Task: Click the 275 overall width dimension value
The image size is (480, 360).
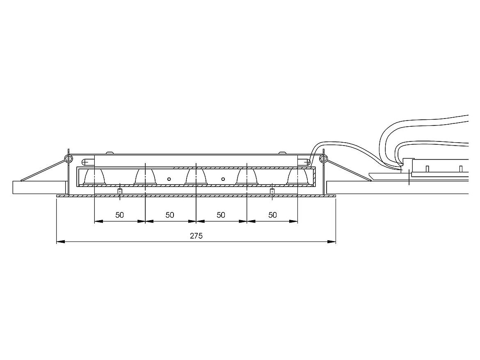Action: coord(196,236)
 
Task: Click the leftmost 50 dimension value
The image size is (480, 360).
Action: coord(120,215)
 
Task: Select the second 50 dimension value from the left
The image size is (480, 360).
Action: coord(170,215)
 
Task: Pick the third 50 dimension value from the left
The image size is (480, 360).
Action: coord(221,215)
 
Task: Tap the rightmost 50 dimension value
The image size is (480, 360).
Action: coord(272,215)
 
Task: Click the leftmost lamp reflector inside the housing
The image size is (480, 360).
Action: coord(94,177)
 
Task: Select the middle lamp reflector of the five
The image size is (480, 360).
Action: coord(196,177)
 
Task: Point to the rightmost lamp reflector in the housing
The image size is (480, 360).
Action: coord(297,177)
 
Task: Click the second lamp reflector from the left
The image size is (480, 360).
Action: coord(145,177)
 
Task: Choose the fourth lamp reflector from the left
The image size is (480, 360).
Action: coord(247,177)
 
